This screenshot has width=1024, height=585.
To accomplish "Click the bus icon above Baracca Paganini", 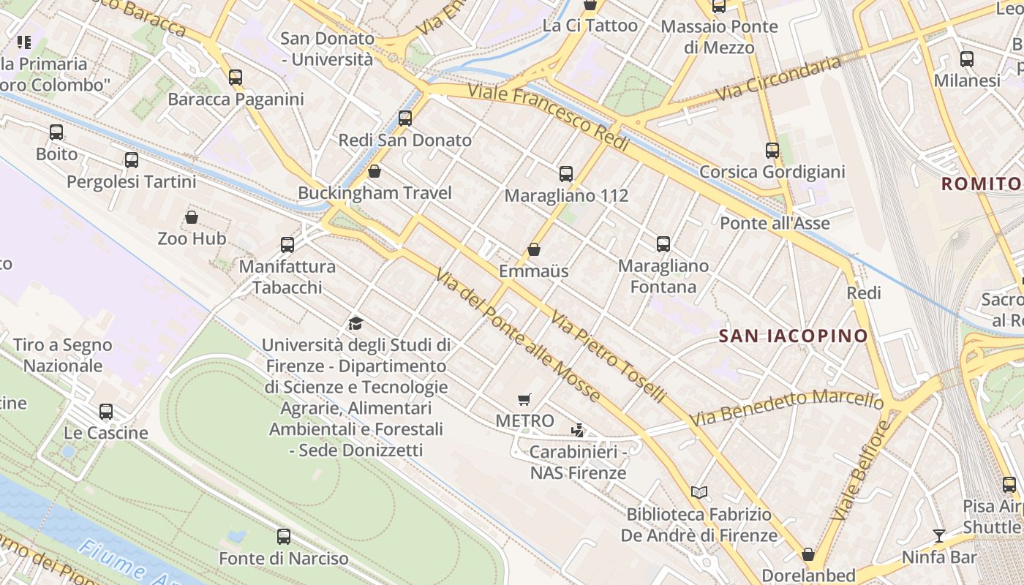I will click(235, 77).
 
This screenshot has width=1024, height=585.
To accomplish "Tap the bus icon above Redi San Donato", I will click(405, 118).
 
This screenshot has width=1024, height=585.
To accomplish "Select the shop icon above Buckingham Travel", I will click(374, 171).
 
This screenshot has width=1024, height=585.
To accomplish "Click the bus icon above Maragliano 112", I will click(566, 173).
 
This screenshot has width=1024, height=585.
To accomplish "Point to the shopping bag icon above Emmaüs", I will click(534, 249).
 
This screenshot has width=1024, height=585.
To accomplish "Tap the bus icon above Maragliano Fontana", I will click(663, 244).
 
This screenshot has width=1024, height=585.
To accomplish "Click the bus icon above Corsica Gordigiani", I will click(772, 151).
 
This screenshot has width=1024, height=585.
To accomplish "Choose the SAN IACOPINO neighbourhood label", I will click(794, 336).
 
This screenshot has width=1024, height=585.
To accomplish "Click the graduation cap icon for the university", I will click(355, 323).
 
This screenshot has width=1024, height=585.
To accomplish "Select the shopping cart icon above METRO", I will click(524, 399).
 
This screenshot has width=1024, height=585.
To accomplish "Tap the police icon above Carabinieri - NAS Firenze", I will click(578, 430).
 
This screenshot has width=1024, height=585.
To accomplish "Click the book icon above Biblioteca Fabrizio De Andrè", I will click(699, 492).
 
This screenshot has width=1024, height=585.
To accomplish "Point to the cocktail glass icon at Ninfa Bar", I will click(939, 536).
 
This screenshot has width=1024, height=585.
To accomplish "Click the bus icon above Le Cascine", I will click(106, 411).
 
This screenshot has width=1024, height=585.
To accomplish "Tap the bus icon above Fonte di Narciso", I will click(284, 537).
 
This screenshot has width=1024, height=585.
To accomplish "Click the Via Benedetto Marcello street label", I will click(787, 409).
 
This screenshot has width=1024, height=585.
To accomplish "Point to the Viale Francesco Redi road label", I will click(549, 118).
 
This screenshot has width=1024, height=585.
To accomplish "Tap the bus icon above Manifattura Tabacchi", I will click(287, 244).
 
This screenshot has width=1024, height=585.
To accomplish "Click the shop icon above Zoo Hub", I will click(192, 217).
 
